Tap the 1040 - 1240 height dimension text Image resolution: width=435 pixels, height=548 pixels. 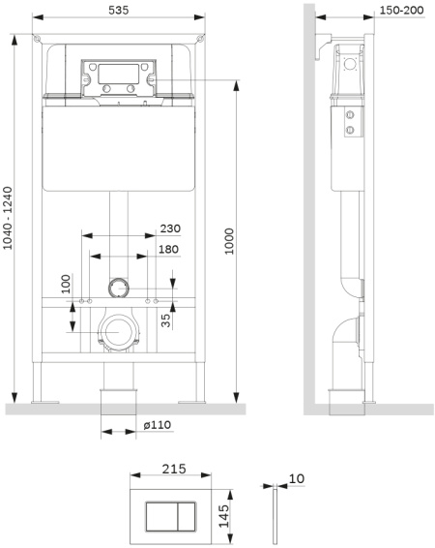tap(8, 219)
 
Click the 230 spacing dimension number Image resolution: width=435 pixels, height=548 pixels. tap(169, 230)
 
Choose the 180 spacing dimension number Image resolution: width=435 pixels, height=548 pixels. tap(169, 251)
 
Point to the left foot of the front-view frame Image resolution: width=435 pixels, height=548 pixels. tap(40, 385)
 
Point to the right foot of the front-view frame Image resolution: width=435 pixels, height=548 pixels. tap(200, 385)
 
